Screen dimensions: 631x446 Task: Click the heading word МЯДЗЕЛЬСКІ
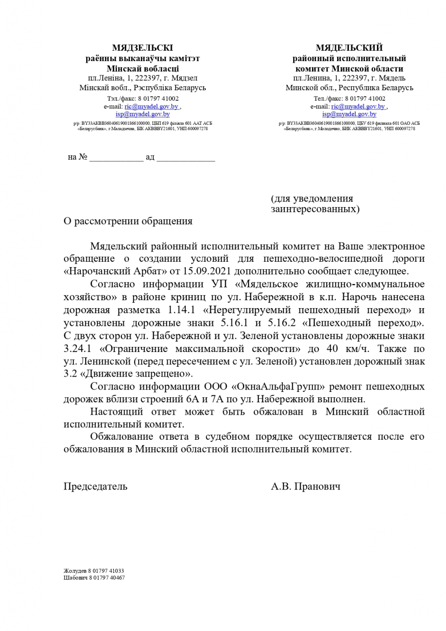click(142, 48)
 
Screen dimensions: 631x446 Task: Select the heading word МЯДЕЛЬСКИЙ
click(349, 48)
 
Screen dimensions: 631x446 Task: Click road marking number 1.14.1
click(178, 310)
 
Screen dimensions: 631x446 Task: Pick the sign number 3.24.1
click(79, 348)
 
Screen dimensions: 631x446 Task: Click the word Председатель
click(95, 487)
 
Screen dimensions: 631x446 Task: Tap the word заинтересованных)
click(315, 210)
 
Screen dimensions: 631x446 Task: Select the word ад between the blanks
click(150, 157)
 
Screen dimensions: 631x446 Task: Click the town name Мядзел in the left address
click(184, 78)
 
